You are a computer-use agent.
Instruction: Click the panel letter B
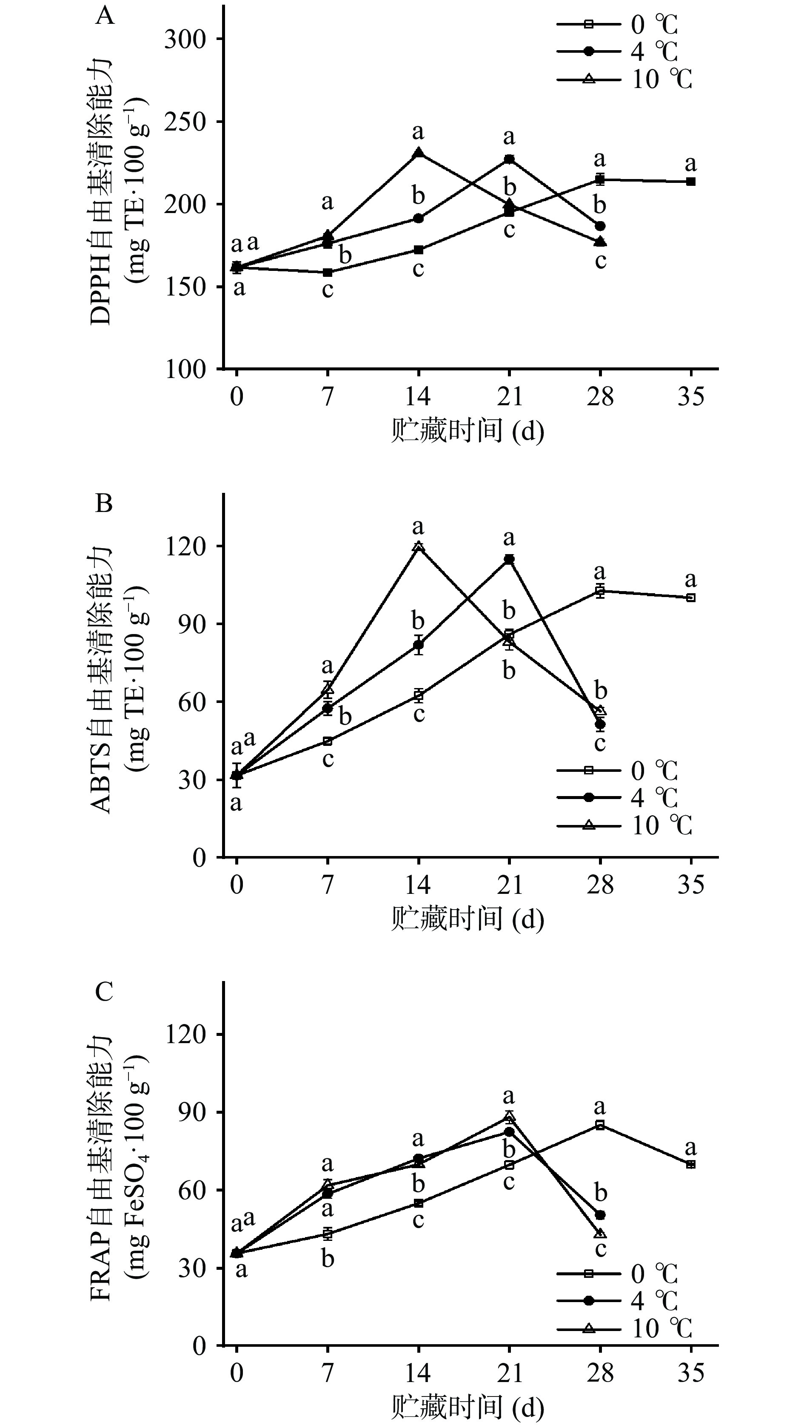click(104, 503)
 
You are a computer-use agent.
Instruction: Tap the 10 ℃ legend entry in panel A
click(625, 79)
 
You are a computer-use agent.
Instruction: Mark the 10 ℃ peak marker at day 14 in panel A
click(419, 152)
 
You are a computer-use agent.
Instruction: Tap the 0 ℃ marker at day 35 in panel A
click(690, 182)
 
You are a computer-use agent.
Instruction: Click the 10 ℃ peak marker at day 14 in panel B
click(419, 546)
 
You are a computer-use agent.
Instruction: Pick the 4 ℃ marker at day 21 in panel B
click(509, 559)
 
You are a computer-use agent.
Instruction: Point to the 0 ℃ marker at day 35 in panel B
click(690, 597)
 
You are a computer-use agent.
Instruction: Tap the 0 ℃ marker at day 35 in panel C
click(690, 1164)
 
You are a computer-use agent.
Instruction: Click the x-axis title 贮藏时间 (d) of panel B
click(468, 919)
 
